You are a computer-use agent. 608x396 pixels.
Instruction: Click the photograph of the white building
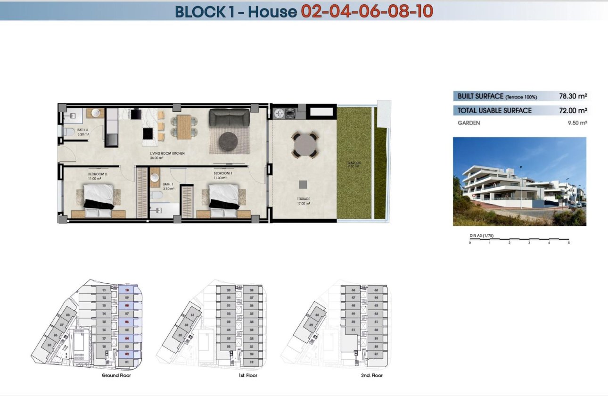click(519, 181)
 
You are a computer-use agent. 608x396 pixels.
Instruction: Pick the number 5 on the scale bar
click(569, 243)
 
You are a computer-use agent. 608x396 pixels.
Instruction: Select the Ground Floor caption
click(116, 376)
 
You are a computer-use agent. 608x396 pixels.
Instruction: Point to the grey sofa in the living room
click(230, 117)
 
